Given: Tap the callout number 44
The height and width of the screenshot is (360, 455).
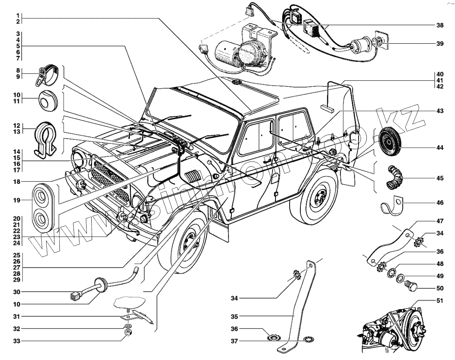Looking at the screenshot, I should pos(440,148).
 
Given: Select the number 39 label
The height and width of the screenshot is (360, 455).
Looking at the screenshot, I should pos(440,44).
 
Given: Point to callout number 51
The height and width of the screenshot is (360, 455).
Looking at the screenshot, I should pos(440,301).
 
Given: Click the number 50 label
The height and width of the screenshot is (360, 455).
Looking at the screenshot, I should pos(440,288).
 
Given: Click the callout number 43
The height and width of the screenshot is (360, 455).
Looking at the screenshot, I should pos(440,111).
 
